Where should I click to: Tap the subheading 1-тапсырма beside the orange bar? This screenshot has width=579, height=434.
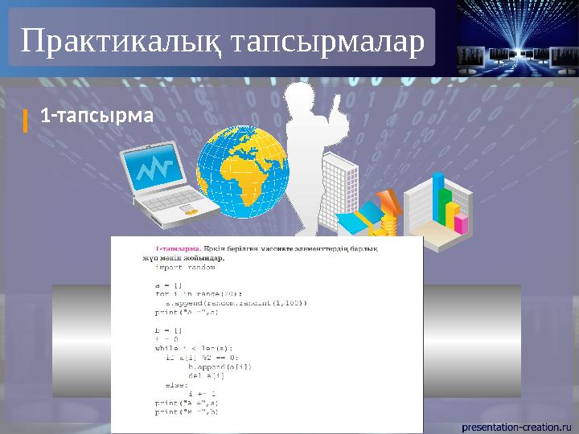[x=96, y=116]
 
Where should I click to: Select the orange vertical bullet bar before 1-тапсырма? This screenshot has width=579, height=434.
[x=26, y=119]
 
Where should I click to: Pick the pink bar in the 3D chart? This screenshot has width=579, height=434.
[x=461, y=223]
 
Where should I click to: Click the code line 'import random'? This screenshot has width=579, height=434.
[x=186, y=268]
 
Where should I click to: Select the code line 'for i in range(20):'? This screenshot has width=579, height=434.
[x=198, y=293]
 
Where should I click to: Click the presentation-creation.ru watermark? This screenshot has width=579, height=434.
[x=515, y=424]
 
